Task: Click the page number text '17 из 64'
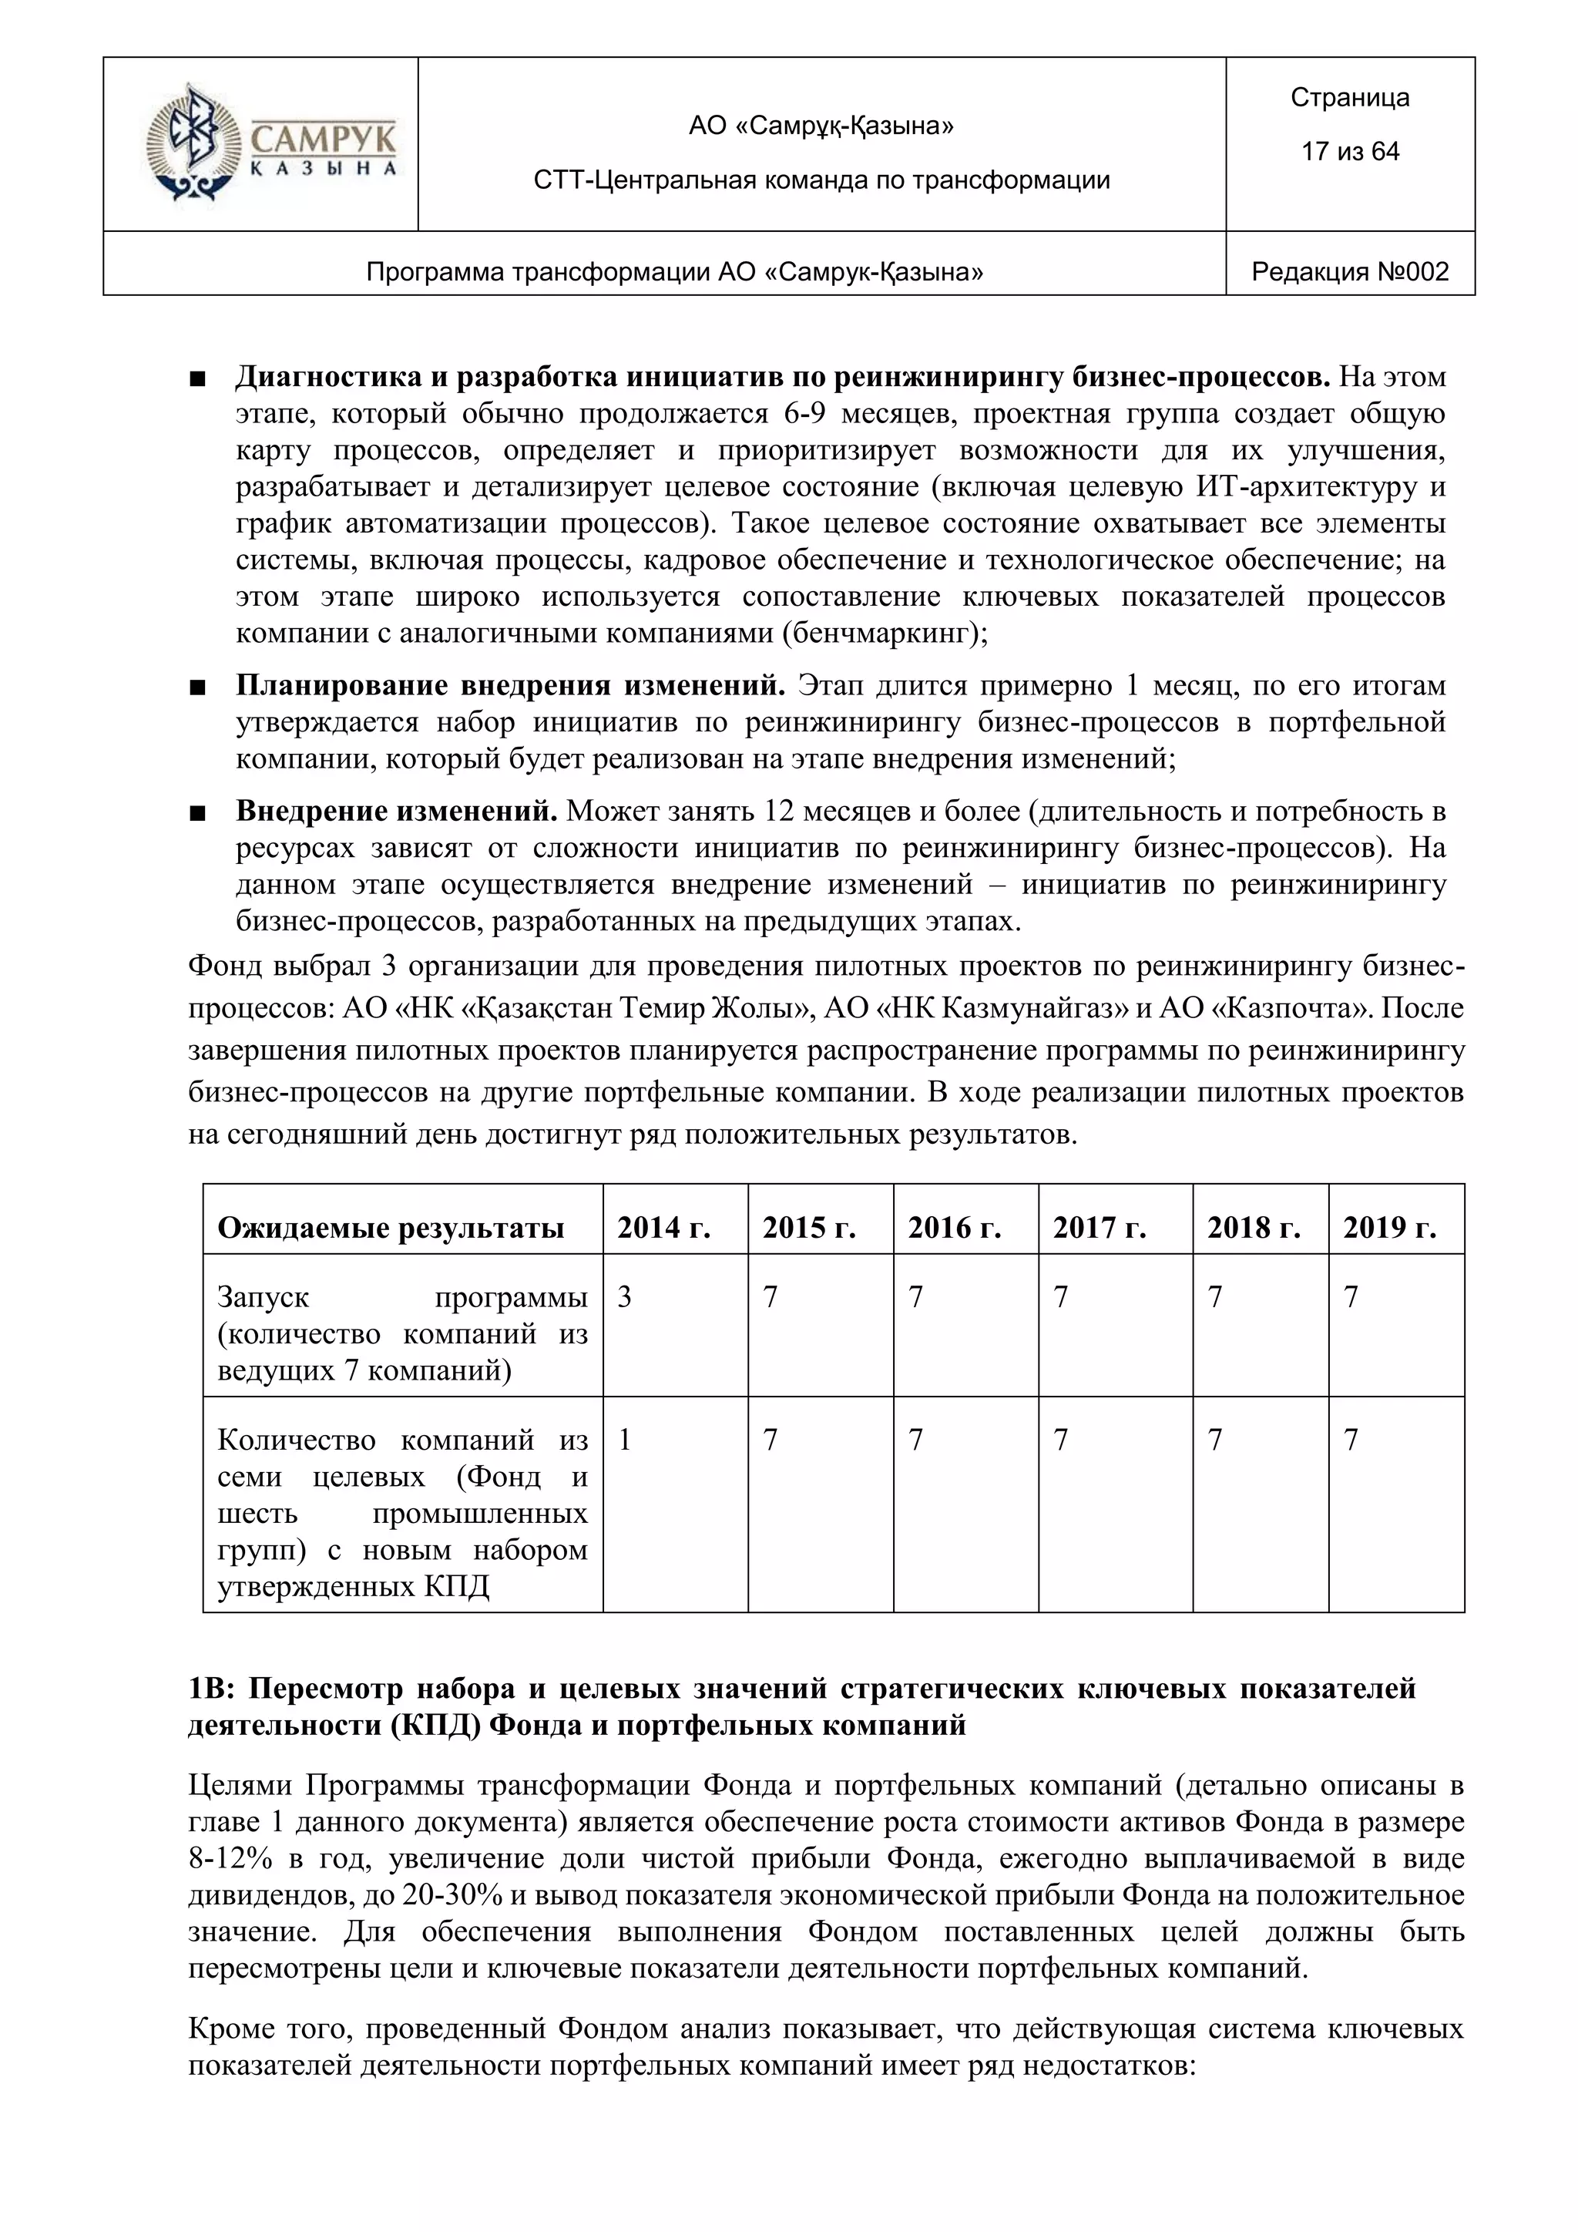point(1350,152)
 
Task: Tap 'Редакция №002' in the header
point(1350,272)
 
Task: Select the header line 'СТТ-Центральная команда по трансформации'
point(821,180)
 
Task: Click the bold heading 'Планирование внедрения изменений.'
point(510,686)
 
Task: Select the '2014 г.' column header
point(663,1228)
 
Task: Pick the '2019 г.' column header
point(1389,1228)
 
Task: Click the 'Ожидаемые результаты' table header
point(391,1228)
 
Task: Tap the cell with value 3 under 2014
point(625,1297)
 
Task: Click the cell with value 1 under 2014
point(625,1440)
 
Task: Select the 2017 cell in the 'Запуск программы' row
point(1061,1297)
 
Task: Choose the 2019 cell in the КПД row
point(1351,1440)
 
